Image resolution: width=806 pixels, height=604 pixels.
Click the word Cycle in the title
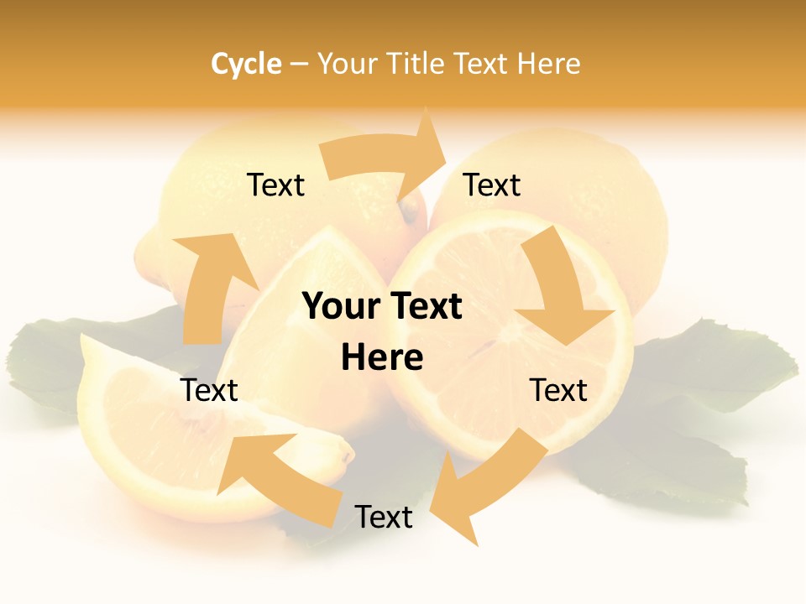[246, 64]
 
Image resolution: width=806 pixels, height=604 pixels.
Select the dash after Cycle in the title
[299, 65]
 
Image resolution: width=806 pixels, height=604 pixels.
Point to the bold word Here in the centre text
[382, 357]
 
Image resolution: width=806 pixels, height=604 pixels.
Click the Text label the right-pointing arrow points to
[492, 185]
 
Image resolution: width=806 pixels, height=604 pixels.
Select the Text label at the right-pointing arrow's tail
[275, 185]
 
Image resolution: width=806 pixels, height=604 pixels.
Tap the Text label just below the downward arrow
[558, 390]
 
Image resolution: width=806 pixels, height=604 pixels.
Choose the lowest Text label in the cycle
[384, 517]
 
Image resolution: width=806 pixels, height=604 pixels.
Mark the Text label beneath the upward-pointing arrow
[209, 390]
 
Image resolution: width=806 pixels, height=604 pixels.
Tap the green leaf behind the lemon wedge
[50, 361]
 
